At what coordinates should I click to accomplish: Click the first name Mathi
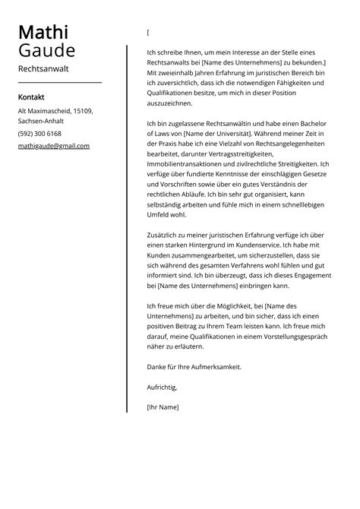point(43,33)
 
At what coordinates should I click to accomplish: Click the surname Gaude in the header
point(46,51)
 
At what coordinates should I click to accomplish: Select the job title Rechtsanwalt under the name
point(43,69)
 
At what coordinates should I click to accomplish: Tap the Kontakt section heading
point(31,97)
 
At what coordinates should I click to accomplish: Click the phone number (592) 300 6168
point(39,134)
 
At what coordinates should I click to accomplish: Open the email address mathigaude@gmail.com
point(53,146)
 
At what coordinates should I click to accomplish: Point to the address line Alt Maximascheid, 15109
point(55,111)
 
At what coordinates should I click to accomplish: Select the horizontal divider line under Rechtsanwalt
point(59,82)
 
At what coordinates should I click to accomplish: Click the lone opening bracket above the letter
point(148,33)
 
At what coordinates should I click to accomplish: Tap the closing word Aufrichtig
point(161,387)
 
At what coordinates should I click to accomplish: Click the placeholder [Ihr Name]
point(163,407)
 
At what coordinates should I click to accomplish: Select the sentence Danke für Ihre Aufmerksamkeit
point(194,367)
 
